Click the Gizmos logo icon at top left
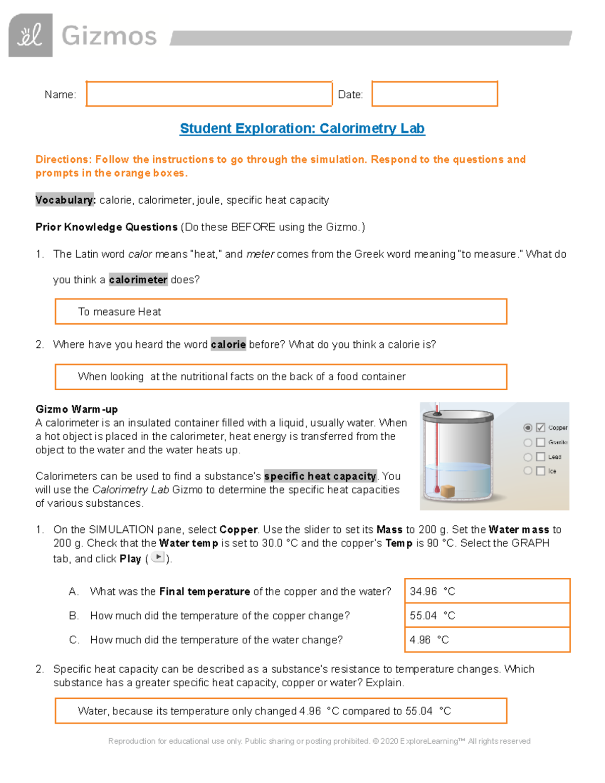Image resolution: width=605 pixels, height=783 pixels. (30, 35)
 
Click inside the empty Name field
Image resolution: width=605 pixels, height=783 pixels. (209, 94)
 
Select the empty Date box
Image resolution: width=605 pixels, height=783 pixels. (435, 94)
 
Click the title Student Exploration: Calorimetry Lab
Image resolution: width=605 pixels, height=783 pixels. (302, 129)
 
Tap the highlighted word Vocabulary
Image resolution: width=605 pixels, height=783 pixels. (65, 200)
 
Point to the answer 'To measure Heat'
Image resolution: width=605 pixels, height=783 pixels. (119, 312)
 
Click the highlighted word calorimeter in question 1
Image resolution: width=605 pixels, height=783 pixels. (138, 280)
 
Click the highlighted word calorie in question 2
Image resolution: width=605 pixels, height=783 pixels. (228, 344)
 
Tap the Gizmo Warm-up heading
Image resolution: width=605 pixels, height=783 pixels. (77, 409)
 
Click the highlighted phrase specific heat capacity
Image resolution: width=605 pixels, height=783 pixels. (320, 476)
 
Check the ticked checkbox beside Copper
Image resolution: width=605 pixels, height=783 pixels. (540, 428)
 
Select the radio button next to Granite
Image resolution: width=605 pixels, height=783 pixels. (528, 442)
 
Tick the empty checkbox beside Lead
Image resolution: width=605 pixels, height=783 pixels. (540, 457)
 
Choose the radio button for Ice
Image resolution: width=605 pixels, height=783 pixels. (528, 470)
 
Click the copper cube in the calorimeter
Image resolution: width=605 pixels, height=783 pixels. (448, 491)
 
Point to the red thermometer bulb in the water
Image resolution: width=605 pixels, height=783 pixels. (437, 489)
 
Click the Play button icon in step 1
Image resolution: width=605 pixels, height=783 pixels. (158, 557)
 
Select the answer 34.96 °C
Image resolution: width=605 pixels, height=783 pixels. (433, 591)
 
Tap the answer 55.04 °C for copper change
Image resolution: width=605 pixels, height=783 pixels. (433, 616)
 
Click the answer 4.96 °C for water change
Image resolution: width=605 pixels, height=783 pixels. (429, 640)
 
